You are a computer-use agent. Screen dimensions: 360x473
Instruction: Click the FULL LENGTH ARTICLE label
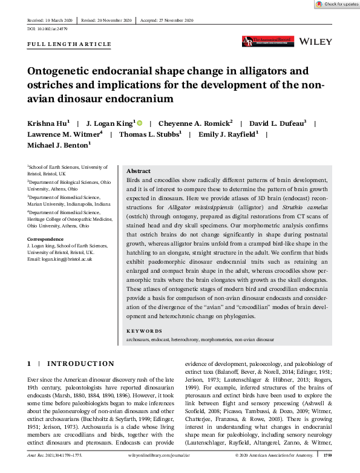pyautogui.click(x=70, y=44)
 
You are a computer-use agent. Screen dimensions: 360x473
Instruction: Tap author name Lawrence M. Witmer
pyautogui.click(x=64, y=134)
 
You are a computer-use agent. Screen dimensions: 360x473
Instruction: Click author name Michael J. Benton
pyautogui.click(x=57, y=145)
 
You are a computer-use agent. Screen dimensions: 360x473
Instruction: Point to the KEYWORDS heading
pyautogui.click(x=145, y=331)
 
